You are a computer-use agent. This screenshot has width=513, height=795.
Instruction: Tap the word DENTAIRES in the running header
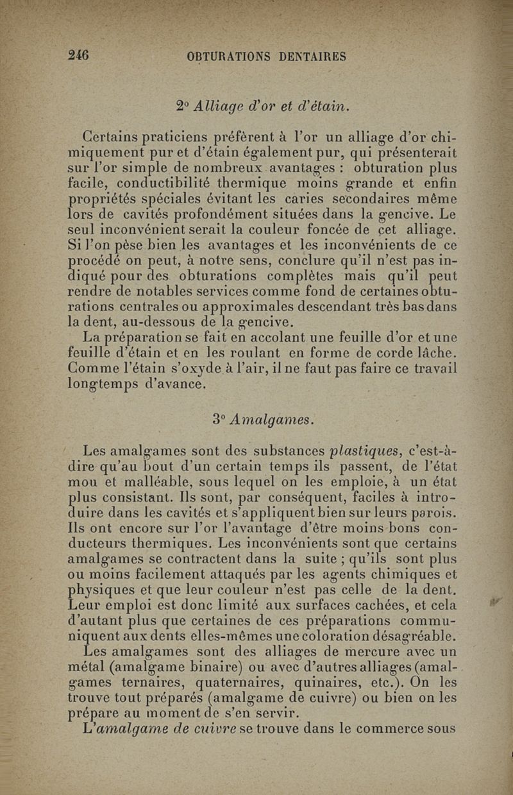(x=313, y=56)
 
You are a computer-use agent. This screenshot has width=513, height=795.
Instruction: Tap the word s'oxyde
(x=246, y=369)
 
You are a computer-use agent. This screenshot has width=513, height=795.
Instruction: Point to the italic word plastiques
(x=358, y=450)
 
